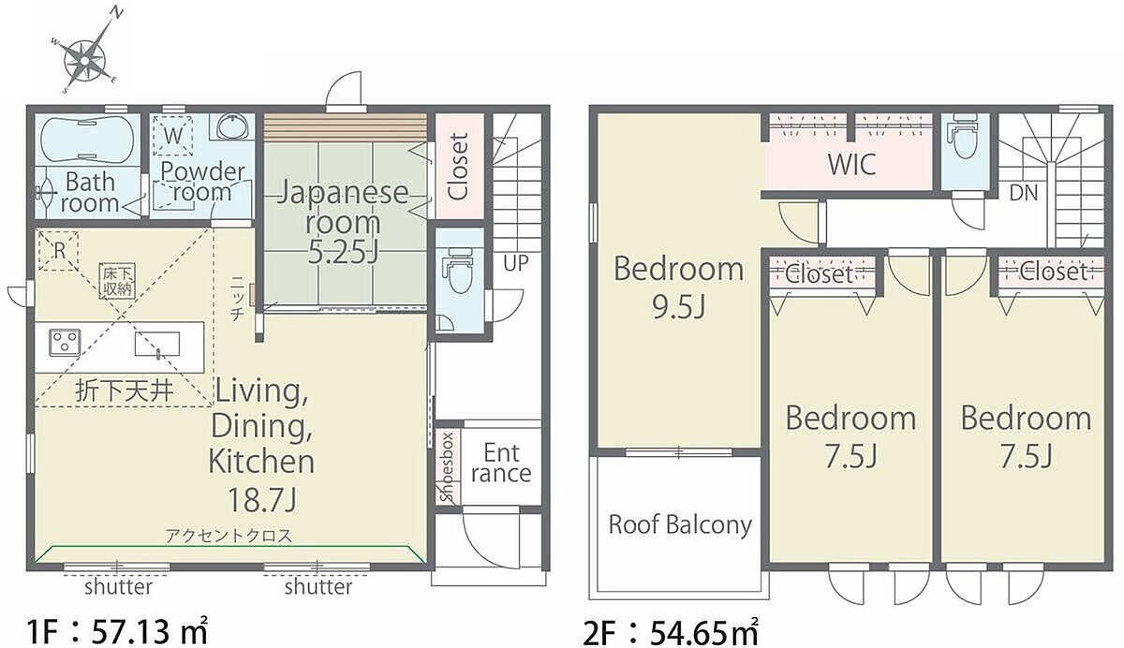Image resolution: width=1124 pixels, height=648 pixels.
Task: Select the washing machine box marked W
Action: point(172,136)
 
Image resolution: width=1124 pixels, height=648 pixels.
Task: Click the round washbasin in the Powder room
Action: point(232,125)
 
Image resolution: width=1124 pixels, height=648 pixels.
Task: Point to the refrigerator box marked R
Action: point(59,251)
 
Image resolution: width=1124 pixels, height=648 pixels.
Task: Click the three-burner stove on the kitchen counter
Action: point(65,343)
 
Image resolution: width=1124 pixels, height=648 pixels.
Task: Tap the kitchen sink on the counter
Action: point(157,345)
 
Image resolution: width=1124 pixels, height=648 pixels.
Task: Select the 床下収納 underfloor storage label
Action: point(117,281)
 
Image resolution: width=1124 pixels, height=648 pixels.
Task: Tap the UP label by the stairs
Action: point(516,263)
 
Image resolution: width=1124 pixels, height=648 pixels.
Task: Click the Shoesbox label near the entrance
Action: point(447,467)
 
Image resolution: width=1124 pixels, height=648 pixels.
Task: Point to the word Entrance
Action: point(501,464)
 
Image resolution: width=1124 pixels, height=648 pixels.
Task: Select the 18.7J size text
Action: point(262,499)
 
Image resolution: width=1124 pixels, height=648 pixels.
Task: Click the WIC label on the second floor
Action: point(852,164)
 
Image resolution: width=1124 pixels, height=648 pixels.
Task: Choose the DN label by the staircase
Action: point(1023,193)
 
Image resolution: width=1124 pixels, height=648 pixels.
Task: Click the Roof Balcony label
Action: point(680,525)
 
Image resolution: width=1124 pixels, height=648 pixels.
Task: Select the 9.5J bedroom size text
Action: point(678,306)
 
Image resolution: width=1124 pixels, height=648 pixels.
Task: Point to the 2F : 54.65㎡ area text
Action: point(671,632)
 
